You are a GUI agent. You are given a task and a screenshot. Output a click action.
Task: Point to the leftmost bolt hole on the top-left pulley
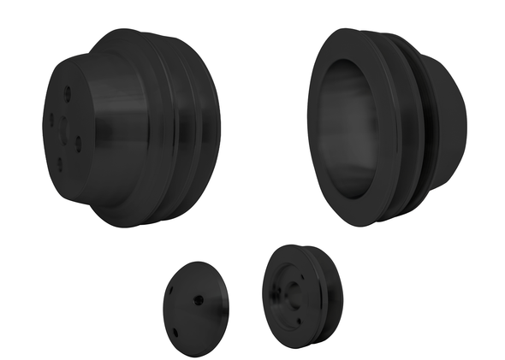(x=51, y=119)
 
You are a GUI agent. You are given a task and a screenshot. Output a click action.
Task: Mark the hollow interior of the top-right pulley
(x=348, y=128)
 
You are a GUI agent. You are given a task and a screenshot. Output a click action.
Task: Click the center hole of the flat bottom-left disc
(x=199, y=298)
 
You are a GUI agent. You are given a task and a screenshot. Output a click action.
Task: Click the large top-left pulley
(x=128, y=128)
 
